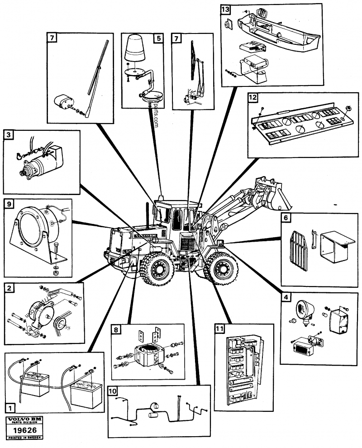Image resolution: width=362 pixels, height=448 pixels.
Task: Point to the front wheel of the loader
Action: tap(221, 270)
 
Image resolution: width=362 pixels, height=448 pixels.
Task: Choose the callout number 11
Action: tap(220, 329)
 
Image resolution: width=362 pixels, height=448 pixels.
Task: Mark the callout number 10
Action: tap(113, 391)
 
